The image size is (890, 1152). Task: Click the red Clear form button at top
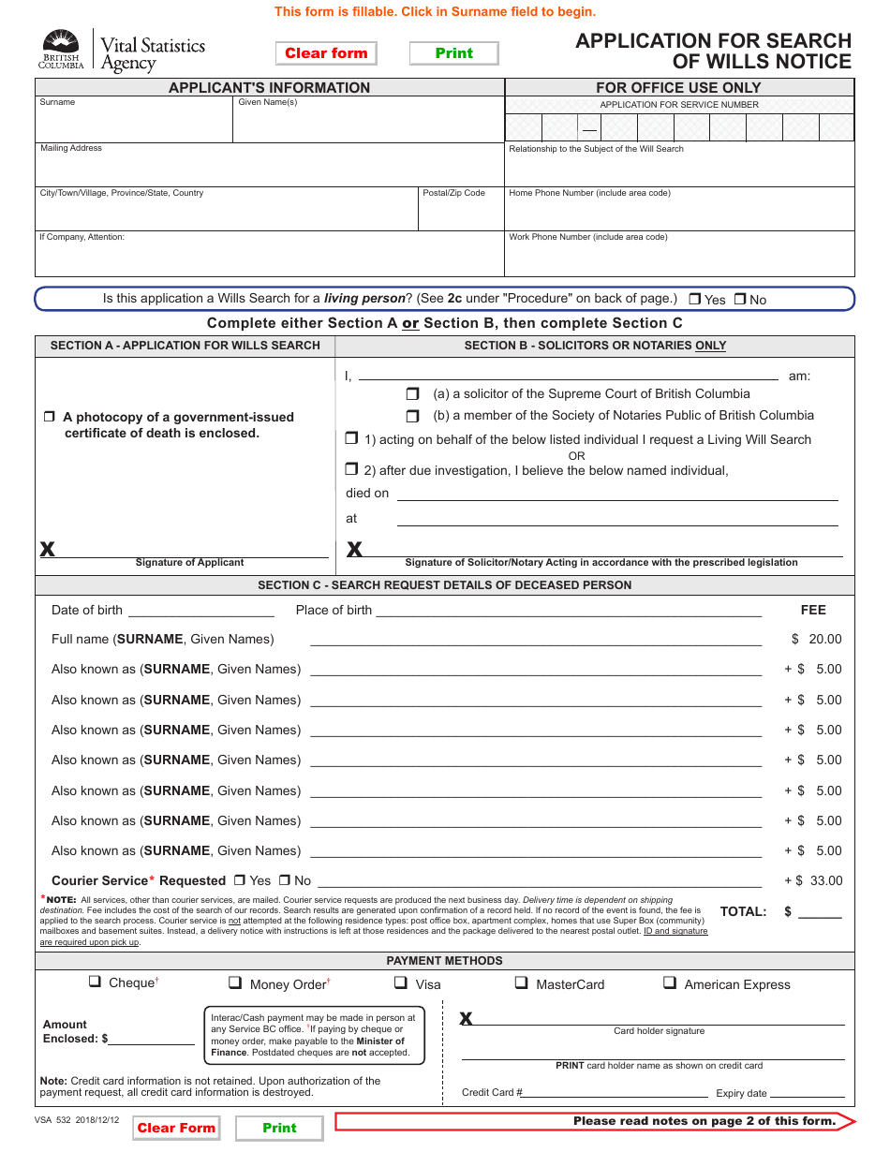click(x=326, y=53)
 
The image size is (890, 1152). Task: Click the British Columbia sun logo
click(x=61, y=46)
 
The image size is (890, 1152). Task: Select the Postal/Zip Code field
click(x=460, y=214)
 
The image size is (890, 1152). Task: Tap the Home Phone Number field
click(x=679, y=214)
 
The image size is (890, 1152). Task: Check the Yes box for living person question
click(x=695, y=300)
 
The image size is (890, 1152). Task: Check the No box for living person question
click(x=740, y=300)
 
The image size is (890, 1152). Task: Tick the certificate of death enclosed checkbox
click(x=50, y=417)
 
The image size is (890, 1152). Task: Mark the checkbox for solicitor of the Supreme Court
click(x=412, y=394)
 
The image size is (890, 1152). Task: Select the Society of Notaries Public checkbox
click(x=412, y=416)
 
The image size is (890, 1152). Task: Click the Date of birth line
click(x=200, y=611)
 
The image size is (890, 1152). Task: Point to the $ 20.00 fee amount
click(x=817, y=639)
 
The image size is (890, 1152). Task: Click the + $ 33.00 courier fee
click(x=813, y=880)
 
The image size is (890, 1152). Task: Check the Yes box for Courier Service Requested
click(x=240, y=880)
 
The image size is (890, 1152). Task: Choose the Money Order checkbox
click(x=235, y=983)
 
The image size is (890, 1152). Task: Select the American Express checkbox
click(x=670, y=983)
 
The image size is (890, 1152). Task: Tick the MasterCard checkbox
click(x=521, y=983)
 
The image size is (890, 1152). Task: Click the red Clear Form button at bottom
click(x=176, y=1128)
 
